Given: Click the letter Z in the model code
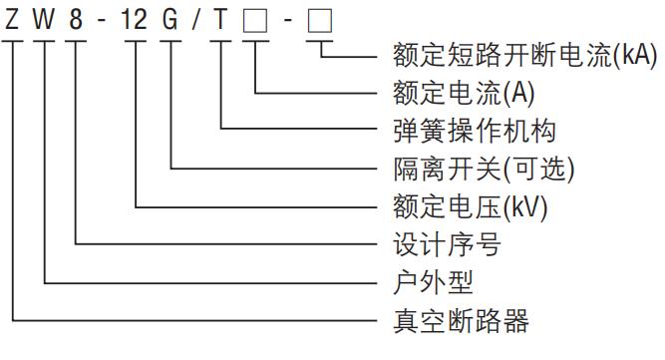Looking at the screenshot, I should [x=12, y=19].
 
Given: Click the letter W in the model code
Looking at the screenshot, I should [x=46, y=19].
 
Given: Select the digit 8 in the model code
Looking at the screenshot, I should [x=76, y=19].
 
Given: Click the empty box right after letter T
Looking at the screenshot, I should [x=257, y=20].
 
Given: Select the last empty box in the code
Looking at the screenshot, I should [x=320, y=20].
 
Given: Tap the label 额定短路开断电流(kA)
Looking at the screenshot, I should [x=518, y=57].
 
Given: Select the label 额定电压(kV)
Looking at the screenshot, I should [x=465, y=207].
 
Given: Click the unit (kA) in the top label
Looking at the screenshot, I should [x=634, y=57].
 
